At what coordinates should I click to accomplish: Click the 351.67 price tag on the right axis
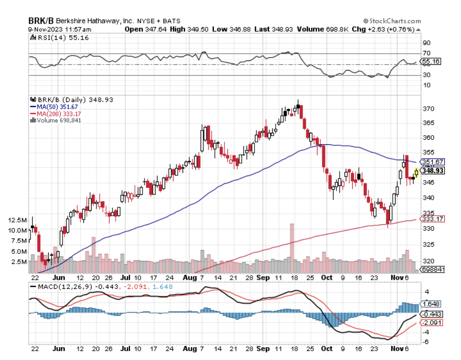point(431,162)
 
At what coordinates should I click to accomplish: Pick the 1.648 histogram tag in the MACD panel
point(431,304)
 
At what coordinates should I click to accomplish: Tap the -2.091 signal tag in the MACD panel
point(431,323)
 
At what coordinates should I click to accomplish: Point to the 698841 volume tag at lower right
point(433,270)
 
